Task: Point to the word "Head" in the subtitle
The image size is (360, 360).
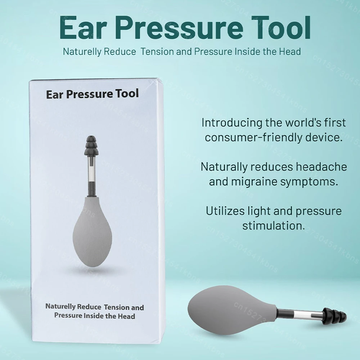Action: coord(290,51)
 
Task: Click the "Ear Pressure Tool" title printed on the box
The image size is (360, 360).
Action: coord(92,94)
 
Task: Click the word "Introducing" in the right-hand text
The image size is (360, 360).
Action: coord(232,123)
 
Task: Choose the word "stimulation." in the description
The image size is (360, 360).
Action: coord(274,226)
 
